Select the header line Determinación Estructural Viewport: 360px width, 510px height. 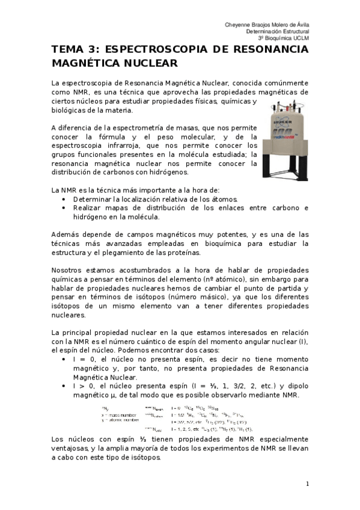tap(277, 31)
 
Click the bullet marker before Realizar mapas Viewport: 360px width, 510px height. tap(64, 208)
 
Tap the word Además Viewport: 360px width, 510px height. tap(67, 234)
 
